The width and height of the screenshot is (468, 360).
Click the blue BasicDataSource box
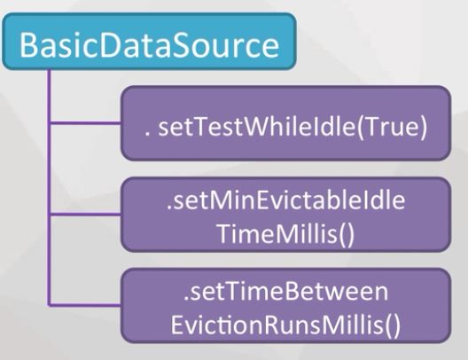[x=149, y=41]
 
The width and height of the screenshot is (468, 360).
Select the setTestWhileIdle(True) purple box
[x=285, y=123]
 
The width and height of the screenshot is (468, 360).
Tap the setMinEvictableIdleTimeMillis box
[x=285, y=215]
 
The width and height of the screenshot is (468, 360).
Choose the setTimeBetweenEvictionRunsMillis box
[x=285, y=306]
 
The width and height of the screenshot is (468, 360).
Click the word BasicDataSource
[x=149, y=44]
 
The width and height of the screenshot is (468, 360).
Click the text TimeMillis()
[x=286, y=233]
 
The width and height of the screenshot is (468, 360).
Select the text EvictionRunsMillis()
[x=285, y=324]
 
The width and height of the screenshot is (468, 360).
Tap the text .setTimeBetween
[x=286, y=291]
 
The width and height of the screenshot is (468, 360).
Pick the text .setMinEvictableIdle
[x=285, y=200]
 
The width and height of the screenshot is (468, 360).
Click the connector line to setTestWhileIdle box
[x=86, y=122]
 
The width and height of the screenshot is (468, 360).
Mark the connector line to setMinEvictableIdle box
[x=86, y=214]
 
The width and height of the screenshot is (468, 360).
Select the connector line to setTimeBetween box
[x=85, y=305]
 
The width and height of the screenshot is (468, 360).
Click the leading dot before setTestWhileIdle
[x=146, y=135]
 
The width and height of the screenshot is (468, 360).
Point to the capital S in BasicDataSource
[x=181, y=45]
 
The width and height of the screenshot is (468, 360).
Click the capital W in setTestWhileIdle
[x=257, y=127]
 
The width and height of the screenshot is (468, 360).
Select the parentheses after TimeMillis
[x=347, y=234]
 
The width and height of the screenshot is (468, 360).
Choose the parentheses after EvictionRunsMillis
[x=392, y=325]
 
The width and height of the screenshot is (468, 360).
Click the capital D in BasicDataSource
[x=112, y=45]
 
